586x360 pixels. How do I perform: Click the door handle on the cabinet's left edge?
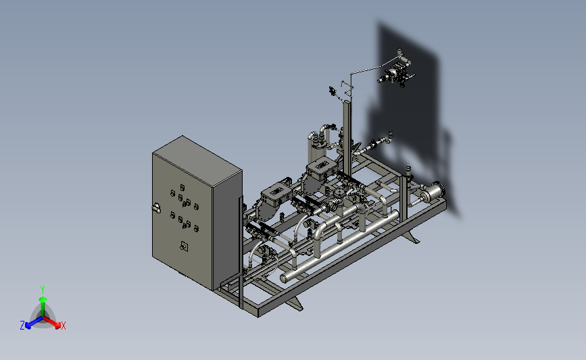tap(157, 208)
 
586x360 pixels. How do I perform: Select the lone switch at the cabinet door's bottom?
tap(184, 246)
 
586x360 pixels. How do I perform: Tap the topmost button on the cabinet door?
tap(182, 187)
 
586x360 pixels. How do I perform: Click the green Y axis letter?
tap(43, 290)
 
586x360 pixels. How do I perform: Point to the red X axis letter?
tap(63, 326)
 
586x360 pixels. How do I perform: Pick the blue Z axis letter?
tap(22, 326)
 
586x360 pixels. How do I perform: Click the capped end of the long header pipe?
tap(284, 278)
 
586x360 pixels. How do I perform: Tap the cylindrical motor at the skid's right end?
tap(434, 192)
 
